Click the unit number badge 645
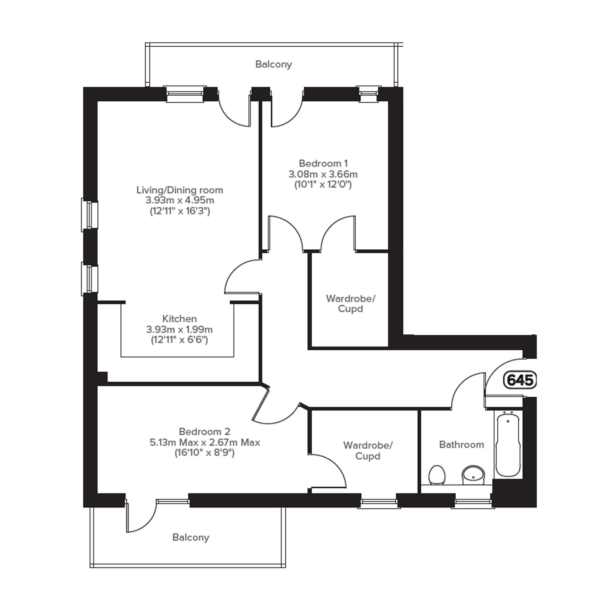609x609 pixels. [520, 380]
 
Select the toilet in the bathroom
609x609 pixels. [437, 474]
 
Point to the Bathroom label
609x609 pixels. [461, 445]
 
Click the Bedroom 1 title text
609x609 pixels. [323, 163]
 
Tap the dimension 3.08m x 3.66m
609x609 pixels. [323, 174]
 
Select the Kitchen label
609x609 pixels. [179, 319]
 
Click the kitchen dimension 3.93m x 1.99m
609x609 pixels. [179, 329]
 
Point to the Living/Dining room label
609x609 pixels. [180, 190]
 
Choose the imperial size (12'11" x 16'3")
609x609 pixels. [180, 211]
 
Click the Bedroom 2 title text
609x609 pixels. [204, 432]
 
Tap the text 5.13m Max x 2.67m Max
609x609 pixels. [205, 442]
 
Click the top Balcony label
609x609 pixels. [274, 64]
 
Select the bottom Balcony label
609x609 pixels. [191, 537]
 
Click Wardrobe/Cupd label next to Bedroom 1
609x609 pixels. [351, 303]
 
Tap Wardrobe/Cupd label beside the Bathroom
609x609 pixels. [368, 451]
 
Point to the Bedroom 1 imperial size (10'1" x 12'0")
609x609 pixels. [323, 184]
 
